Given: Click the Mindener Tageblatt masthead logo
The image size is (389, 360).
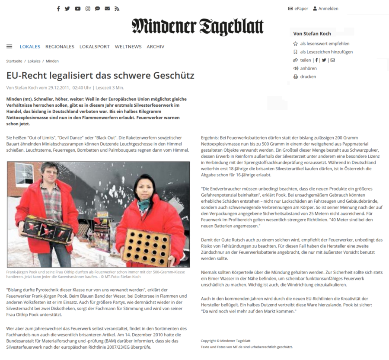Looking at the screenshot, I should point(198,27).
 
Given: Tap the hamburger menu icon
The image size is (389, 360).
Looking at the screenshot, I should point(9,46).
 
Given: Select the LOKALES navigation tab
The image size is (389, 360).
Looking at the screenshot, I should point(30,47).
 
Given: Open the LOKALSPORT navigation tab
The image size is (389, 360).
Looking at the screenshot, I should point(95,47).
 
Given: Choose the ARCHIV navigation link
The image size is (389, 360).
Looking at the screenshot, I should point(155,47).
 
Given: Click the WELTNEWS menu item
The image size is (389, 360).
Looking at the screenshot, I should point(128,47).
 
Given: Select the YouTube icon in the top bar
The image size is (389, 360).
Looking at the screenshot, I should point(77,9).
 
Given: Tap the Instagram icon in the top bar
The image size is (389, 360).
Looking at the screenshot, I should point(88,9).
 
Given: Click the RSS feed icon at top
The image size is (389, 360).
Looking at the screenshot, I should point(117,9).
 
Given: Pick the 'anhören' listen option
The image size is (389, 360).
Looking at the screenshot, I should point(308,68).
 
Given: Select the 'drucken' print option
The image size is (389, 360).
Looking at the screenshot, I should point(308,76).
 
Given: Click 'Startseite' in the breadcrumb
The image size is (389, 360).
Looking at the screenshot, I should point(14,61).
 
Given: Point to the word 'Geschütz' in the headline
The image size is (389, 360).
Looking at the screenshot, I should point(174,76).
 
